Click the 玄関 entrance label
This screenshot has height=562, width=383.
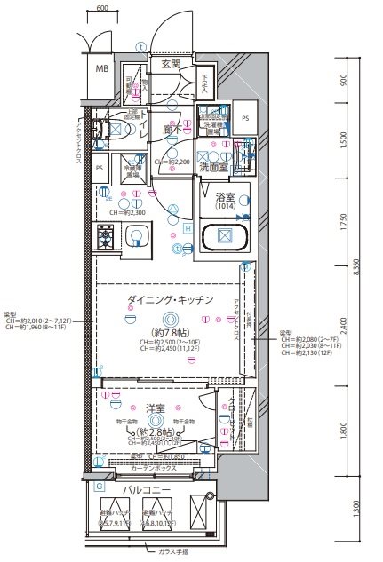click(x=171, y=63)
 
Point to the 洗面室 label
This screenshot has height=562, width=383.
click(x=218, y=166)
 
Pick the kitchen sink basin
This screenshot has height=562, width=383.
click(x=135, y=236)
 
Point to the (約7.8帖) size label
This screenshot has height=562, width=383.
click(x=167, y=331)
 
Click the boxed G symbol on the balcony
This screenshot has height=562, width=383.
click(x=99, y=487)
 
